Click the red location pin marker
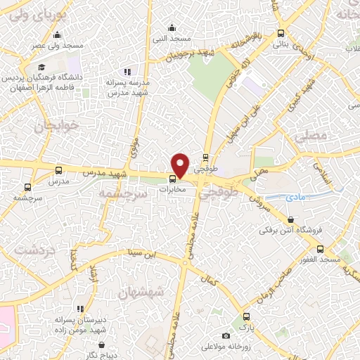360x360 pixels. pos(181,165)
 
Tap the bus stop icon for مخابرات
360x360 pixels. pos(173,179)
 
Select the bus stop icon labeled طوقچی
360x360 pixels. pos(205,157)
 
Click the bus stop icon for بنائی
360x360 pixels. pos(281,34)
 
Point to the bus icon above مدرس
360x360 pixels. pos(58,170)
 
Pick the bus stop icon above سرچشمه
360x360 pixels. pos(28,187)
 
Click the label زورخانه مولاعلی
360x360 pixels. pos(223,347)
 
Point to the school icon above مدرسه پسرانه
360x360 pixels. pos(127,72)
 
